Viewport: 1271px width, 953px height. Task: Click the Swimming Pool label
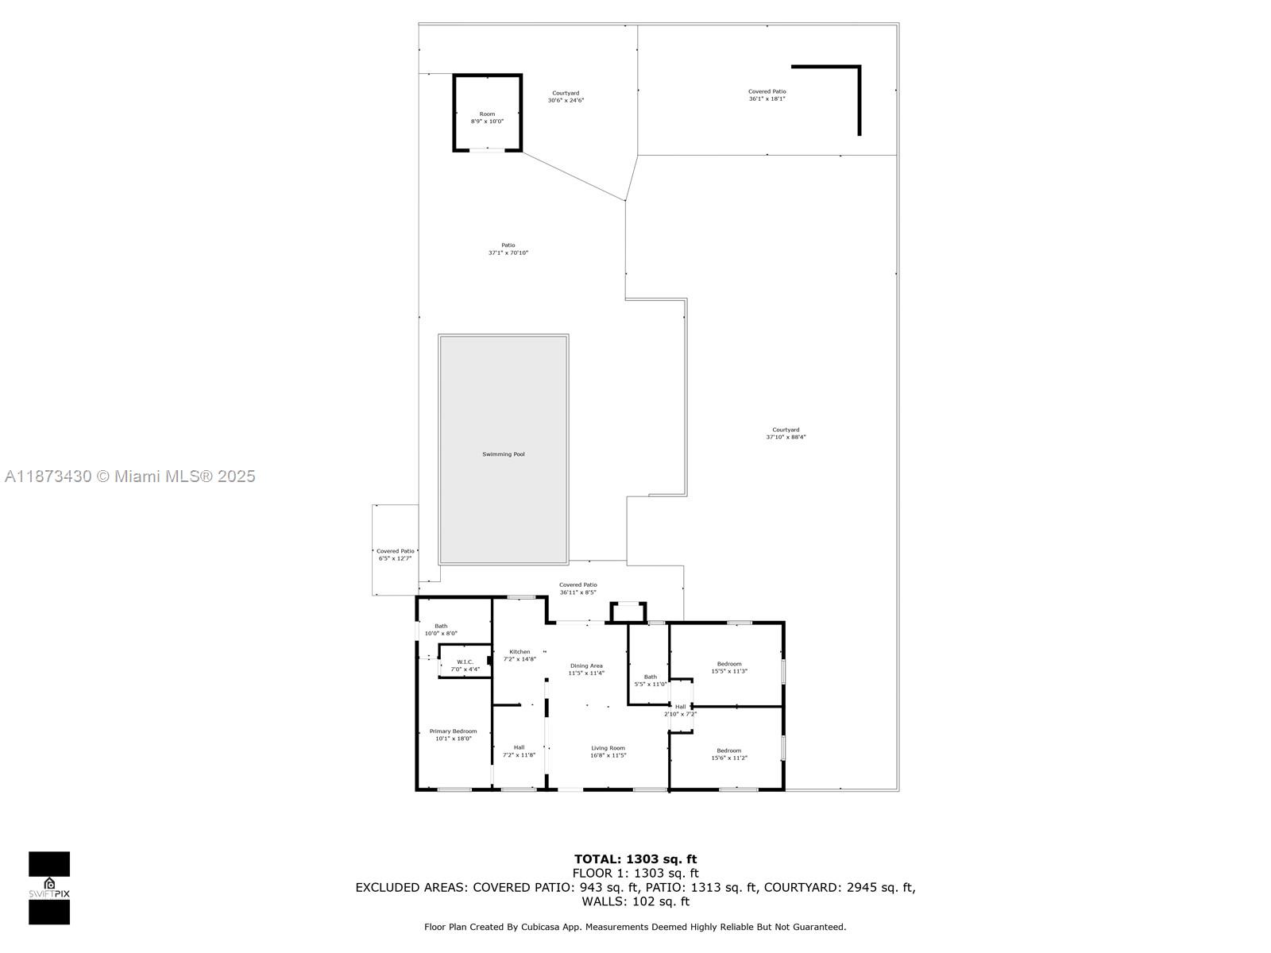(x=503, y=454)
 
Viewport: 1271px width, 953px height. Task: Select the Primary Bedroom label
(x=453, y=735)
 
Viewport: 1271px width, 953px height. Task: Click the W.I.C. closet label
(x=465, y=666)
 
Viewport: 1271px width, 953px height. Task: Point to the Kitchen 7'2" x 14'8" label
(x=520, y=655)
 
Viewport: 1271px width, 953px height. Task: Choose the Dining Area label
(x=586, y=669)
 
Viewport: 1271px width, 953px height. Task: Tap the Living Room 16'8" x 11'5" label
(x=608, y=751)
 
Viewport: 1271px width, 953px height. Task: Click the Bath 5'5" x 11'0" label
(x=650, y=681)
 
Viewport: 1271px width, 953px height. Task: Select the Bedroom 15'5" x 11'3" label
(x=728, y=667)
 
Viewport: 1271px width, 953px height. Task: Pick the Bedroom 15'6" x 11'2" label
(x=728, y=754)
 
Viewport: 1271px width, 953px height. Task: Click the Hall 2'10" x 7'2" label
(x=680, y=710)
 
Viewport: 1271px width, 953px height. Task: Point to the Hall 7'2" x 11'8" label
(x=519, y=750)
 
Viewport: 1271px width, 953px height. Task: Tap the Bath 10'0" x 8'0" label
(x=441, y=630)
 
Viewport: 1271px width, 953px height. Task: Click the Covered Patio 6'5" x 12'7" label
(x=395, y=554)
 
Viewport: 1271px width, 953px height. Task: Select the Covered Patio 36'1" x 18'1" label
(x=767, y=95)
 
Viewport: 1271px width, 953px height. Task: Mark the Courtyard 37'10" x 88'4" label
(x=786, y=433)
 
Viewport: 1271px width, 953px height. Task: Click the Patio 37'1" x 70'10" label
(x=508, y=249)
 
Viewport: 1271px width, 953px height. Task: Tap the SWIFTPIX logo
(x=49, y=888)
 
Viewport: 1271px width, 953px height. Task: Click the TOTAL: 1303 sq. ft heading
(x=635, y=858)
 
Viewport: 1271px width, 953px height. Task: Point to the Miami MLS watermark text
(x=130, y=476)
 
